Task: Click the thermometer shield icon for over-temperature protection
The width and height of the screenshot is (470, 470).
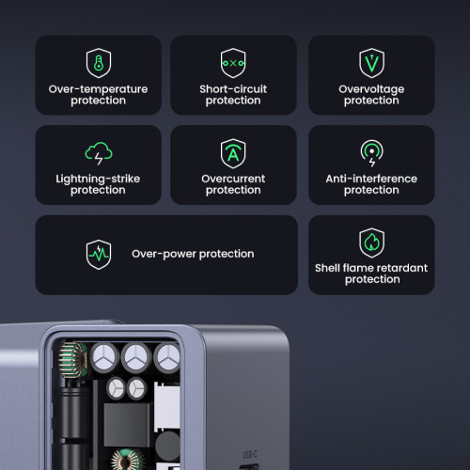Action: tap(98, 63)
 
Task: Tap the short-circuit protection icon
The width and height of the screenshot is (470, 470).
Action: tap(232, 63)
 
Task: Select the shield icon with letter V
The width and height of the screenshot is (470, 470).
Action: tap(371, 63)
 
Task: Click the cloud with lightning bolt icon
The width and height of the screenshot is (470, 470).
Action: tap(98, 152)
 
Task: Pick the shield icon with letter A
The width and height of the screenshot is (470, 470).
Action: tap(232, 152)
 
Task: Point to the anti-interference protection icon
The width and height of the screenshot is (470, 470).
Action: tap(371, 152)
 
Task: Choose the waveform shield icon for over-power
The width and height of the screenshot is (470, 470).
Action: tap(99, 254)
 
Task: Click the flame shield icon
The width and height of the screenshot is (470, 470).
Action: tap(371, 243)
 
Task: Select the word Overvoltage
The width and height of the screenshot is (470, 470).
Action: tap(371, 89)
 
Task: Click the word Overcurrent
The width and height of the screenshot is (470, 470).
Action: tap(232, 179)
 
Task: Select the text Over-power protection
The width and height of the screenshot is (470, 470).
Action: tap(193, 254)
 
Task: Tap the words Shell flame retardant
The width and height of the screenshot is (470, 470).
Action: tap(371, 268)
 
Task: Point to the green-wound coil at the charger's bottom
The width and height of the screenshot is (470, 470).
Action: tap(124, 458)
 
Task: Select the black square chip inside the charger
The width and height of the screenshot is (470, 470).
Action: tap(125, 423)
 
